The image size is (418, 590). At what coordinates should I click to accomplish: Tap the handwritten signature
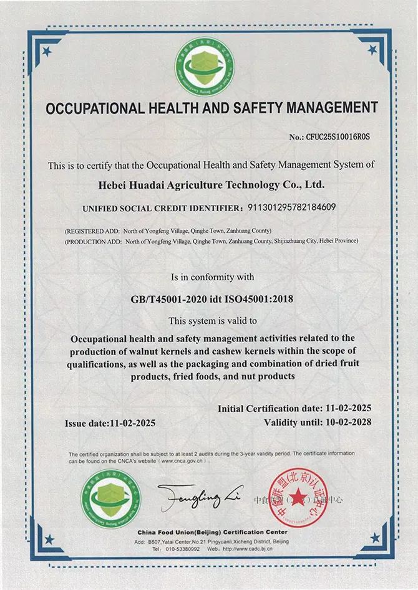point(200,497)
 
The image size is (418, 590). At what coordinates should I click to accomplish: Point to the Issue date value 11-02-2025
point(132,423)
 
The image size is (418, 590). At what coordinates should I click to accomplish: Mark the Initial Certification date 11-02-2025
point(348,409)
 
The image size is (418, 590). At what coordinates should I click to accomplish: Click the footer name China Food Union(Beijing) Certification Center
point(212,532)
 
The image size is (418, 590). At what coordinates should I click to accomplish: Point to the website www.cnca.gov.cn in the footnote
point(190,461)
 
